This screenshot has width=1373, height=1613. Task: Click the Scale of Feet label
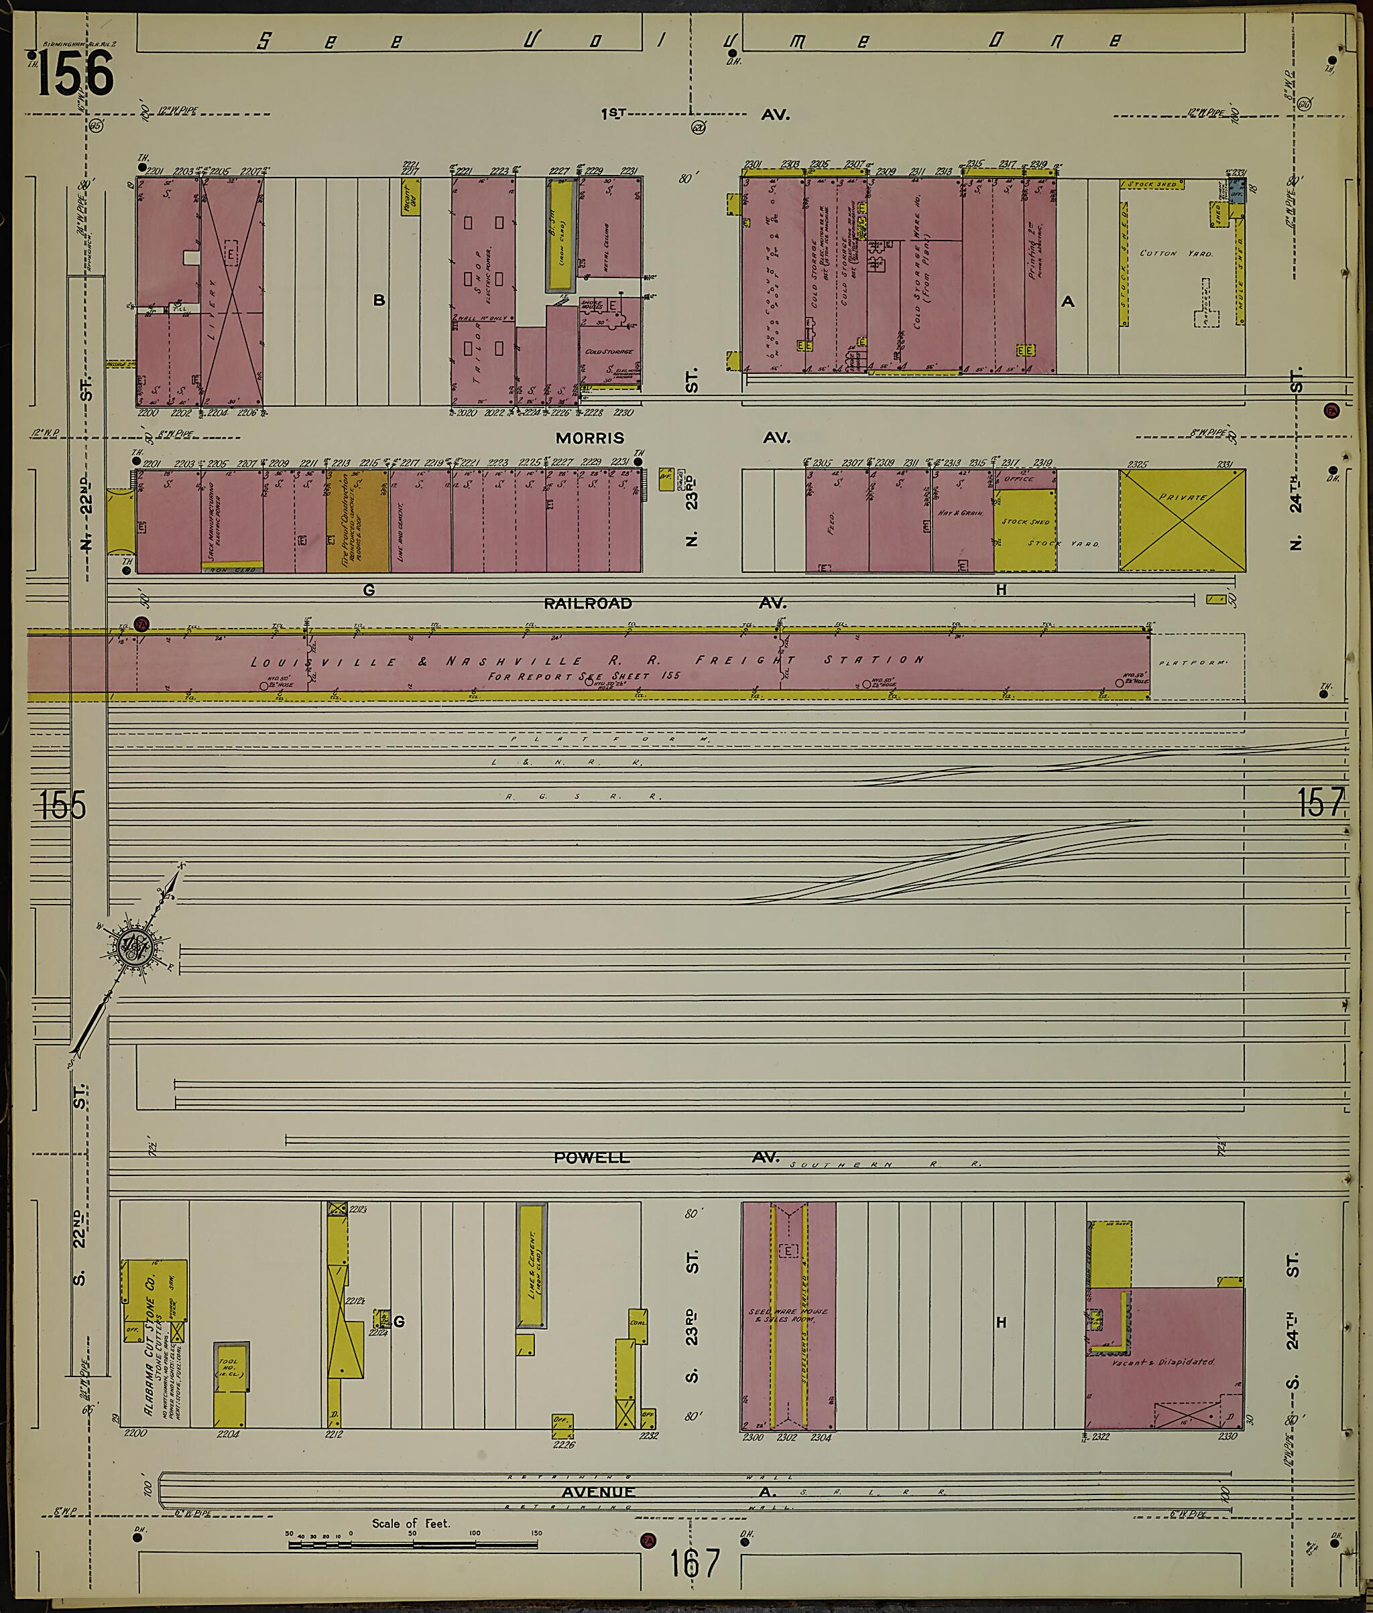[410, 1523]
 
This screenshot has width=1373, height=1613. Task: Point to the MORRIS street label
[589, 438]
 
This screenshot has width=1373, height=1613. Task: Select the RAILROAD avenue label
[588, 603]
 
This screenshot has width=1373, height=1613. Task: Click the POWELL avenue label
[591, 1158]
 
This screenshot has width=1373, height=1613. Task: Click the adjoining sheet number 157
[1321, 803]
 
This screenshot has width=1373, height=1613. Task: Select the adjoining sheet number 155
[63, 805]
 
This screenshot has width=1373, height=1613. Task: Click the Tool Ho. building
[231, 1371]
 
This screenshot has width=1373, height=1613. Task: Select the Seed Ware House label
[788, 1314]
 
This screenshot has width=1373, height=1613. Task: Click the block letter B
[379, 300]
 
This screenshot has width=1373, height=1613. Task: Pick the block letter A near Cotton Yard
[1067, 301]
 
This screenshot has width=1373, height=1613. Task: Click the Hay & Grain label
[962, 513]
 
